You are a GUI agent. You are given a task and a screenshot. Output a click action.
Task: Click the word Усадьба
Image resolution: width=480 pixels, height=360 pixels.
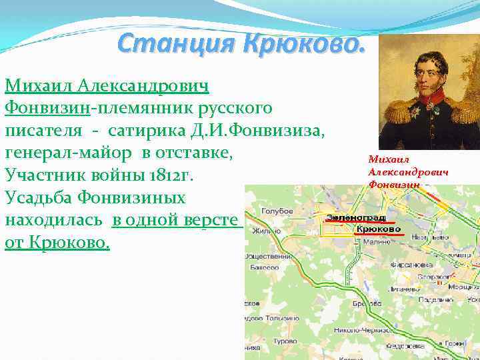pyautogui.click(x=43, y=199)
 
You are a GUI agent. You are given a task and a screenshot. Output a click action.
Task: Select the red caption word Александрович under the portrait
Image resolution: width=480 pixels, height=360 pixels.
pyautogui.click(x=407, y=172)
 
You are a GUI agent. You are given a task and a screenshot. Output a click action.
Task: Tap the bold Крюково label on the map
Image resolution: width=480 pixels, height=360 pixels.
pyautogui.click(x=377, y=229)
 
